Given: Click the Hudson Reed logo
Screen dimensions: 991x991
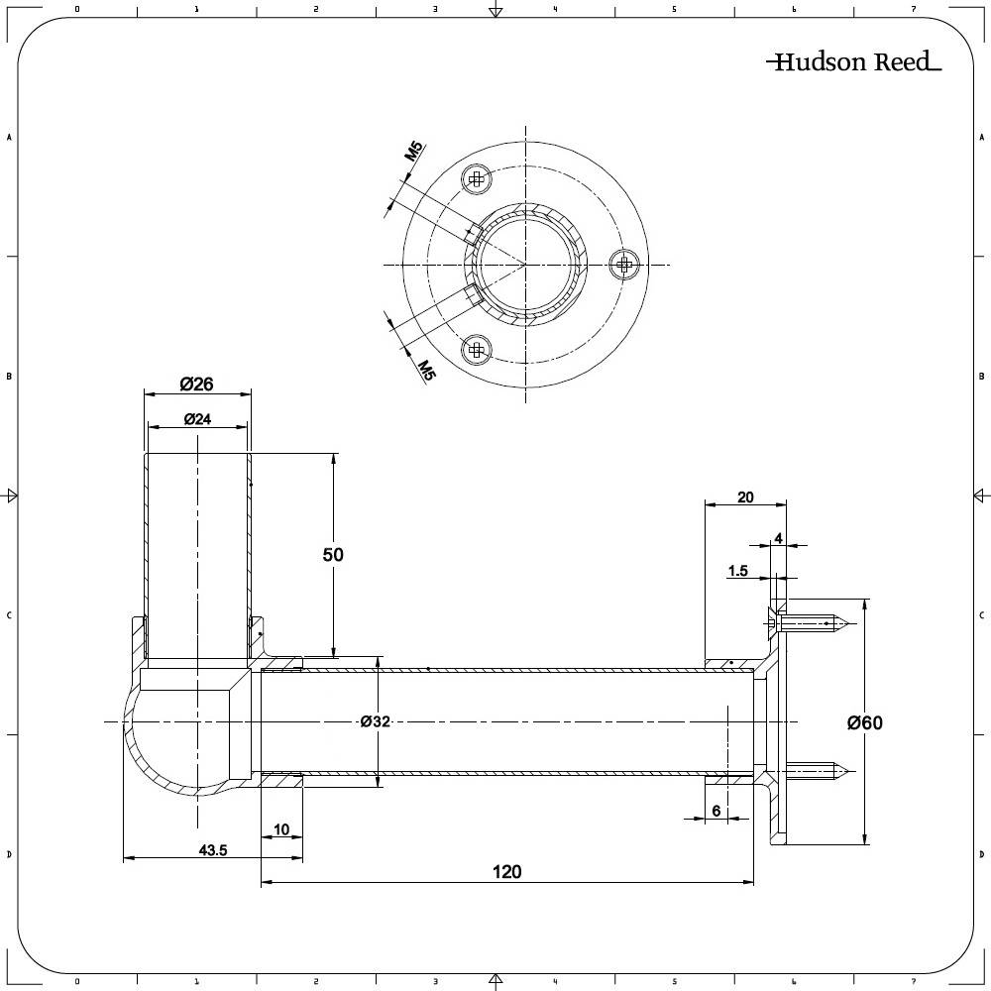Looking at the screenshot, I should tap(853, 62).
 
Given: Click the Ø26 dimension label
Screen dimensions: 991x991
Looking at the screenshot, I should tap(197, 384).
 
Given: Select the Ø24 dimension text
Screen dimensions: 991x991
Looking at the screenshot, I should tap(197, 419).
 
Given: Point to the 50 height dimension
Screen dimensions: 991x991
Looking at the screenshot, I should tap(333, 555).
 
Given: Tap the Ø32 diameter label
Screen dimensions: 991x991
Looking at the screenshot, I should tap(374, 722).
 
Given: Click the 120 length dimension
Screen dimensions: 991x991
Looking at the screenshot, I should tap(506, 872).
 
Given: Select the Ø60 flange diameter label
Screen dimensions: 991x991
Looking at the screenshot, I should tap(864, 723).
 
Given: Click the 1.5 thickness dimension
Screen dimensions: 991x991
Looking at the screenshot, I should tap(737, 571).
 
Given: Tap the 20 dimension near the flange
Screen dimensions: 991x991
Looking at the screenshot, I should tap(745, 496).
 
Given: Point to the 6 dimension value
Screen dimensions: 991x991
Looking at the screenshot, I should tap(716, 812).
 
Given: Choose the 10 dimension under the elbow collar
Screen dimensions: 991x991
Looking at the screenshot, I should tap(281, 829).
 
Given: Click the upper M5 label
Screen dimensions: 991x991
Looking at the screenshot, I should tap(414, 152).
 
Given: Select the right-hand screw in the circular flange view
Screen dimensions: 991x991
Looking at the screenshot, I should tap(623, 263).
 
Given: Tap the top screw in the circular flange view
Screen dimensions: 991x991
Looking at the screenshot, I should tap(477, 179).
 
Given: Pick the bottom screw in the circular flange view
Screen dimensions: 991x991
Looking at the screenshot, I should tap(478, 348).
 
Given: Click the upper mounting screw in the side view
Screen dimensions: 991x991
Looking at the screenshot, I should tap(811, 623).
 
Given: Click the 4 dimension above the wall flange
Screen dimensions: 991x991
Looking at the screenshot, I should tap(778, 538).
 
